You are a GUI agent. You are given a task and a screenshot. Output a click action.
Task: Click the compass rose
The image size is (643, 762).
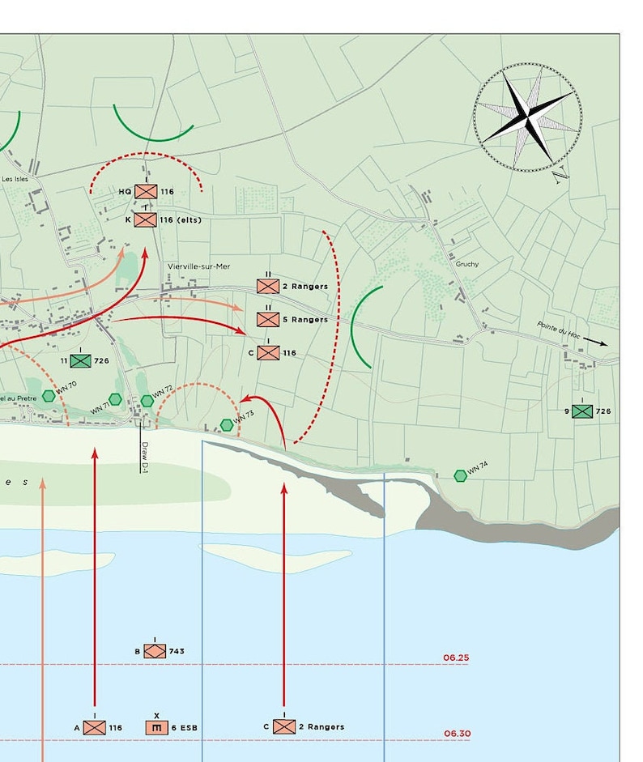pos(527,117)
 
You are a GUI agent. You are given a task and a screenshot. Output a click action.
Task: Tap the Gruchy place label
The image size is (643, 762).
pos(466,264)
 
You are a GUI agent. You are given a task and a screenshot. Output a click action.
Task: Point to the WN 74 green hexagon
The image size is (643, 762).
pos(460,475)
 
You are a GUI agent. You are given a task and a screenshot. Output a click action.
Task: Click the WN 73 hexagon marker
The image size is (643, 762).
pos(227,424)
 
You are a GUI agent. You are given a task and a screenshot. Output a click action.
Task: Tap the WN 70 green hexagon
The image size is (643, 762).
pos(49,396)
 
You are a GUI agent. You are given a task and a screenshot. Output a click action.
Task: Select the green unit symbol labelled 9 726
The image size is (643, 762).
pos(581,411)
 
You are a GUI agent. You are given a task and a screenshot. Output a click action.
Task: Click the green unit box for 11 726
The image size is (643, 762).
pos(80,361)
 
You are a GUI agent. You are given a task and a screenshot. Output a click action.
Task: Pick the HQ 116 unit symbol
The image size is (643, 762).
pos(146,192)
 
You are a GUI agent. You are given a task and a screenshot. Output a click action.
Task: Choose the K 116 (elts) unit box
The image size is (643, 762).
pos(146,219)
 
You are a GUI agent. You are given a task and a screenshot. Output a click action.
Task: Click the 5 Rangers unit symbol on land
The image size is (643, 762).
pos(268,319)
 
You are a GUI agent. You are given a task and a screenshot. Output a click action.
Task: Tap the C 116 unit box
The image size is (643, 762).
pos(268,352)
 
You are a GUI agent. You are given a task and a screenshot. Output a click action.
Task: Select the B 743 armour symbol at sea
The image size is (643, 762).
pos(155,651)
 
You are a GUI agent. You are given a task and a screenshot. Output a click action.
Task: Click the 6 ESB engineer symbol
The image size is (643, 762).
pos(157,727)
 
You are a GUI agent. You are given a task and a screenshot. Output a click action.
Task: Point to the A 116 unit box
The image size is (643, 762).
pos(95,727)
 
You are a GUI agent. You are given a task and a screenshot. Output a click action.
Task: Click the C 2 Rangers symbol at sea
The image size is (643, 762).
pos(283,726)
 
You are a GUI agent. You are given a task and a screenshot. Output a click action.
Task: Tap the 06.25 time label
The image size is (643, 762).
pos(456,658)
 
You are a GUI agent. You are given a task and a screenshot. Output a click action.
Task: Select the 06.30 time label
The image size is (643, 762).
pos(457,734)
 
